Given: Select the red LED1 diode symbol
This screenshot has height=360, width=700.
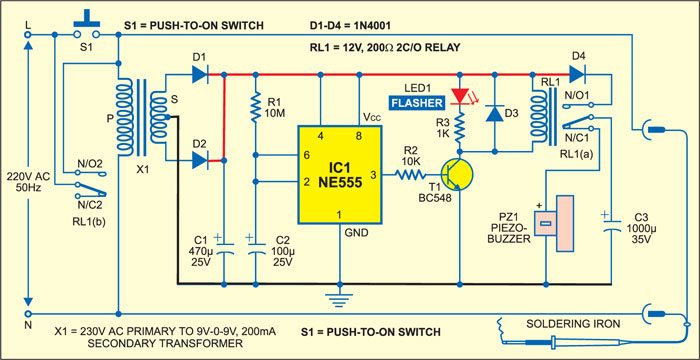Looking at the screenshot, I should pos(460,96).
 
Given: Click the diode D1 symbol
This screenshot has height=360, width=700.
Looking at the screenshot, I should pos(199,74).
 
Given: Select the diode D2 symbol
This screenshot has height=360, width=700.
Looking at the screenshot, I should pos(199,157).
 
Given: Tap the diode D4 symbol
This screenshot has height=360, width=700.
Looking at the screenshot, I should pos(578,74).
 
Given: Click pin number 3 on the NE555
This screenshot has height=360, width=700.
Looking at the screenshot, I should pos(373,174).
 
